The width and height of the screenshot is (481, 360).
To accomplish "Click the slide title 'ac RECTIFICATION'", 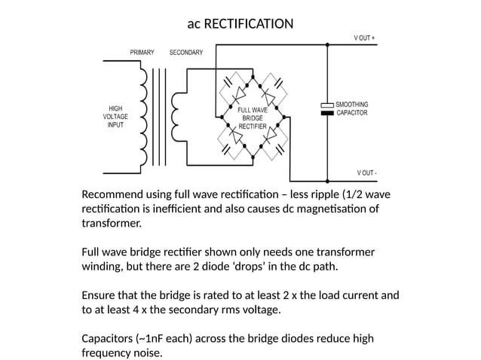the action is (x=240, y=23).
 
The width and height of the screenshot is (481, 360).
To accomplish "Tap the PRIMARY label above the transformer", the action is (x=142, y=53).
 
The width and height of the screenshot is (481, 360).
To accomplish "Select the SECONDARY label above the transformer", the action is (x=186, y=53).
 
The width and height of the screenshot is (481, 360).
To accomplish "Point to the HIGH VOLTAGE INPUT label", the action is (x=115, y=117).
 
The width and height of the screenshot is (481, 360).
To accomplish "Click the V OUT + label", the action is (x=364, y=38).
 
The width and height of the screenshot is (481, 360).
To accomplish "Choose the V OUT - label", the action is (x=366, y=172).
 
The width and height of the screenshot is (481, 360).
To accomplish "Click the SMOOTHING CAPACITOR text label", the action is (x=352, y=108).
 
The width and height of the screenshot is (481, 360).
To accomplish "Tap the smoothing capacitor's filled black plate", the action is (x=327, y=113).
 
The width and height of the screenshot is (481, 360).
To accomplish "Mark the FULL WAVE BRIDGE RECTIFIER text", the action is (x=253, y=118).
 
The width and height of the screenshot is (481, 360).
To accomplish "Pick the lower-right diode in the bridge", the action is (x=269, y=135).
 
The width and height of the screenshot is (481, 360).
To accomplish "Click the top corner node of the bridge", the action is (x=253, y=77).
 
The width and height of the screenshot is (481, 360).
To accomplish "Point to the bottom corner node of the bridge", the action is (x=253, y=157).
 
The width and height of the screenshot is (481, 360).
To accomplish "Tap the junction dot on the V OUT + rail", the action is (x=327, y=44).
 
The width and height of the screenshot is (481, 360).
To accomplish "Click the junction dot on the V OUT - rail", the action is (x=327, y=181).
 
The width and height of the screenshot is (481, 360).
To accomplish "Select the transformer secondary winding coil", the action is (x=175, y=117).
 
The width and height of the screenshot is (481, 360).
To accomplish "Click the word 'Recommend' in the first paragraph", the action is (x=112, y=194).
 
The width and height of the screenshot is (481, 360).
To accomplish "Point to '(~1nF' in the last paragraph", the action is (x=149, y=339).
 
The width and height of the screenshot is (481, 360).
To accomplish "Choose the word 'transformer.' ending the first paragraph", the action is (x=112, y=223).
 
